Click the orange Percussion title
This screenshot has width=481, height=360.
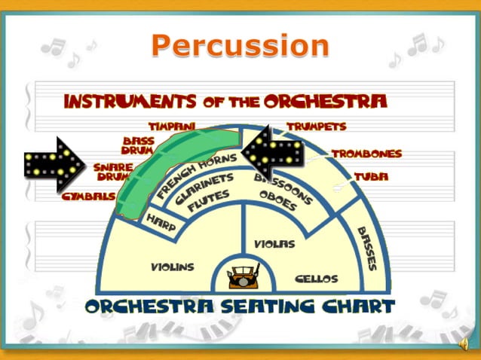click(x=240, y=46)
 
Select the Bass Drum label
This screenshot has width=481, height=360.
click(x=139, y=145)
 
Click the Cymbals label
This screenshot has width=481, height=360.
click(x=89, y=195)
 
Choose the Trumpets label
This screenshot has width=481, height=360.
click(x=317, y=127)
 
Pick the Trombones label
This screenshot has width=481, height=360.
click(x=366, y=154)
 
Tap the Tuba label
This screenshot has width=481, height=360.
click(x=371, y=177)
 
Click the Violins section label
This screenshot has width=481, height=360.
click(x=172, y=267)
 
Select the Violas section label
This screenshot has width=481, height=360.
click(x=274, y=244)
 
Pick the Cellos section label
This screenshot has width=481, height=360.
click(x=316, y=279)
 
